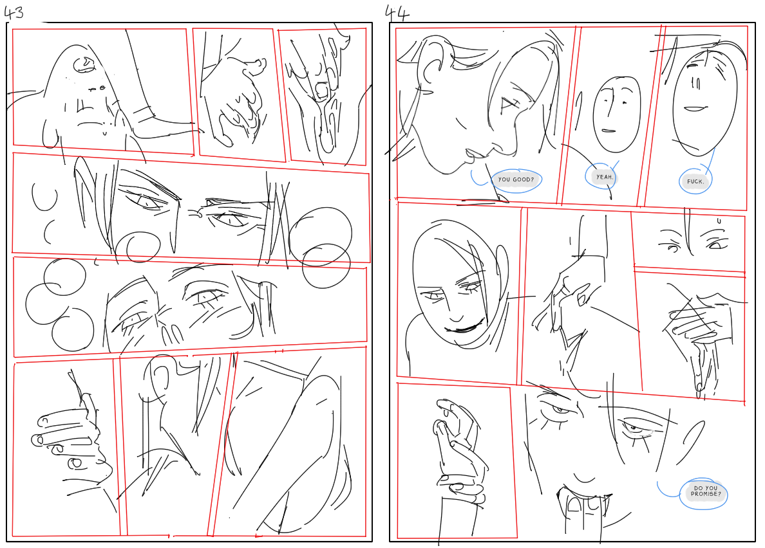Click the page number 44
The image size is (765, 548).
397,13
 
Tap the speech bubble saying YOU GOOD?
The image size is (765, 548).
516,180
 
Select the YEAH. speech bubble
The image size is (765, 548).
604,177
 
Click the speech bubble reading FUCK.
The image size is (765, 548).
695,181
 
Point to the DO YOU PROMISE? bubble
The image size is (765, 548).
706,493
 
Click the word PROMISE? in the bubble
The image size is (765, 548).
706,495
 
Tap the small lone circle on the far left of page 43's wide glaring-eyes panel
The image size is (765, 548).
45,197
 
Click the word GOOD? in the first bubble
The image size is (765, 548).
524,180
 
